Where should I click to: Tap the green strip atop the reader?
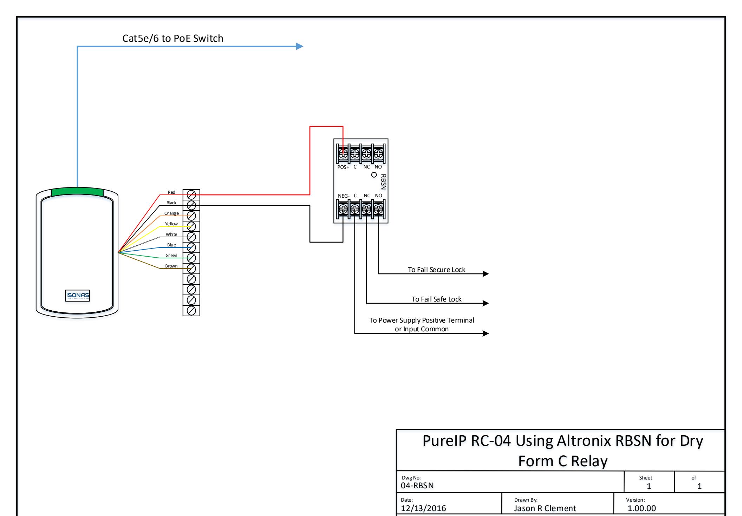[x=77, y=192]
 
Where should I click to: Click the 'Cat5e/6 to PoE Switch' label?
[x=173, y=38]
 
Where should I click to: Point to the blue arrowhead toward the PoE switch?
[x=299, y=46]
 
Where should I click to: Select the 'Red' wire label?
[x=171, y=192]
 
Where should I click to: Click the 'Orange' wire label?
[x=171, y=213]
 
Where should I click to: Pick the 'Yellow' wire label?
[x=171, y=224]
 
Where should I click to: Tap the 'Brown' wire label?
[x=171, y=266]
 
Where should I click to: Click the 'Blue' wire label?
[x=171, y=245]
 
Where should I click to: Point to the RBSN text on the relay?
[x=383, y=182]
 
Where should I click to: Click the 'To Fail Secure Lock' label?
[x=436, y=270]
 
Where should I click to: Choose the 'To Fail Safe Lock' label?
[x=437, y=299]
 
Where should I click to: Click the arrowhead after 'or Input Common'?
[x=486, y=333]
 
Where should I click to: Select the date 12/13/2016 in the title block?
[x=423, y=508]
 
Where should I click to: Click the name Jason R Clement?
[x=545, y=508]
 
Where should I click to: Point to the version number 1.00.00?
[x=642, y=508]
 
